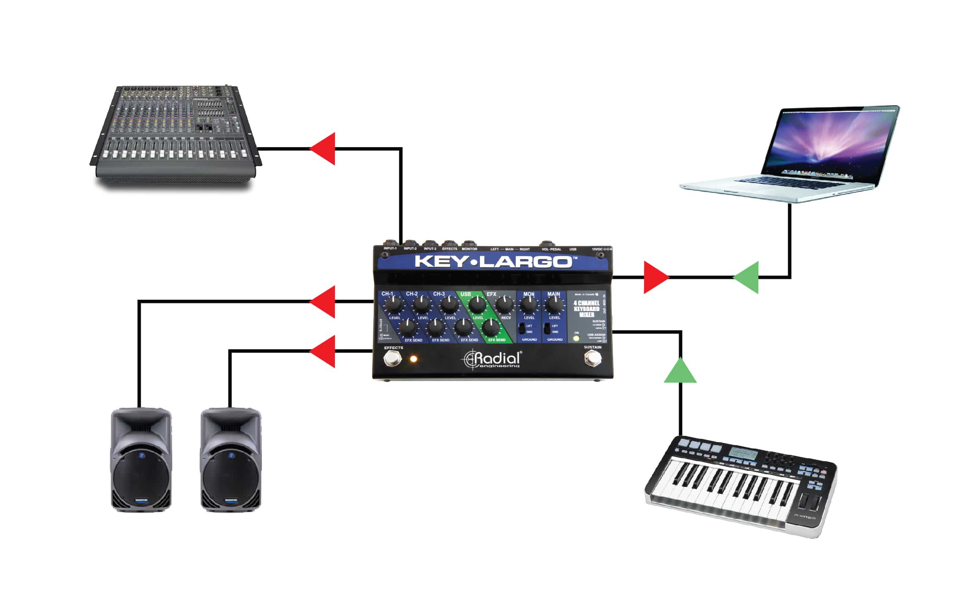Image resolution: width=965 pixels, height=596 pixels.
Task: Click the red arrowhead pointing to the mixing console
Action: [324, 148]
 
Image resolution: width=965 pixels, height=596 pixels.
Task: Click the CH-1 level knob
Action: [394, 304]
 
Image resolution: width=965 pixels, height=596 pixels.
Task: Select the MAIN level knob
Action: [554, 304]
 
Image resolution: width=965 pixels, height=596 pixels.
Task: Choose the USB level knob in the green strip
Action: [477, 304]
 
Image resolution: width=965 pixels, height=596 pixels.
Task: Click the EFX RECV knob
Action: [504, 304]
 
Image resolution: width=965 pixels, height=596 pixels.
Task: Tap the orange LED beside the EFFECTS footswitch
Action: [413, 359]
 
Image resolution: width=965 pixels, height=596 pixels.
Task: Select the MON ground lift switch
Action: [522, 328]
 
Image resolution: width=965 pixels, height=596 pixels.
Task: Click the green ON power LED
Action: [576, 339]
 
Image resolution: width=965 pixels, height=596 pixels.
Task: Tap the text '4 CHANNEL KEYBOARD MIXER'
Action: [586, 309]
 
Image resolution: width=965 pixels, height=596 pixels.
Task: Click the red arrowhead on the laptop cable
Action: [655, 277]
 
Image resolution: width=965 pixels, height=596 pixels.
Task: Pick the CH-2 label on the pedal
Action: [411, 294]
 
